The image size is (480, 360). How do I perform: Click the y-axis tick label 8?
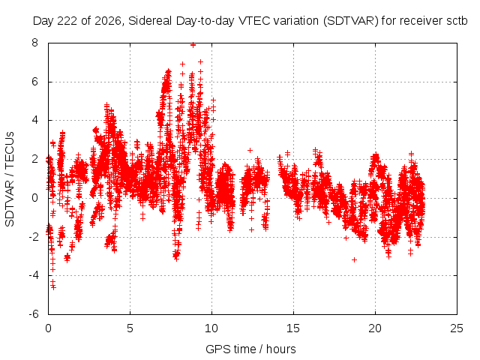[x=34, y=43]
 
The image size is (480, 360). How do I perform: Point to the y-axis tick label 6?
[x=34, y=82]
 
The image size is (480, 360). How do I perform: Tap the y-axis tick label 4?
[x=34, y=120]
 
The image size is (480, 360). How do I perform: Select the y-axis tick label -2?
[x=33, y=237]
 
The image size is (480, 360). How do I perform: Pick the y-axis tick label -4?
[x=33, y=275]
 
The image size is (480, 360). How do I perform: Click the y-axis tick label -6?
[x=33, y=314]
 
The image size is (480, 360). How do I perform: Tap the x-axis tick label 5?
[x=130, y=328]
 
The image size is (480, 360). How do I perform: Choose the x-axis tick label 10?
[x=211, y=328]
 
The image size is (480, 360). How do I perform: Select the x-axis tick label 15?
[x=293, y=328]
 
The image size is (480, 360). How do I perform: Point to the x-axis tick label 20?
[x=375, y=328]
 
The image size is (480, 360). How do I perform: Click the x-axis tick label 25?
[x=457, y=328]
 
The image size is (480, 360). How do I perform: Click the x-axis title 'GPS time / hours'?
[x=250, y=349]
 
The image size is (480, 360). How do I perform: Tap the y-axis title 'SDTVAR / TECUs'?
[x=10, y=179]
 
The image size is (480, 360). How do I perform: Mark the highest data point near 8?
[x=193, y=45]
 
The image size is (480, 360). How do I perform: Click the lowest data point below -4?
[x=53, y=287]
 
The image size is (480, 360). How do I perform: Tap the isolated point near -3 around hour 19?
[x=354, y=260]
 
